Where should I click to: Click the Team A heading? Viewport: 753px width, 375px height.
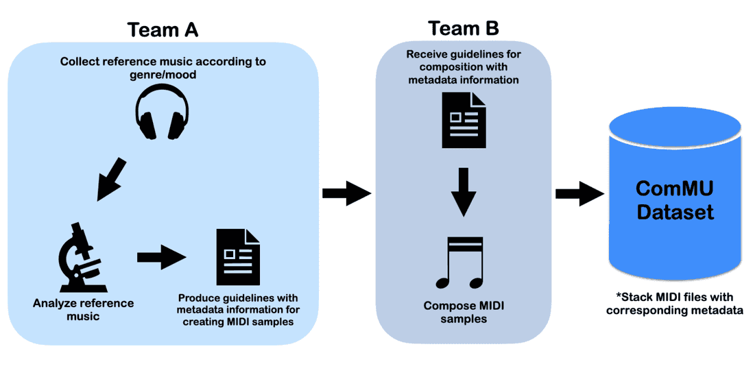[x=163, y=29]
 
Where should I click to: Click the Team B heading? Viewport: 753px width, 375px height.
[x=463, y=28]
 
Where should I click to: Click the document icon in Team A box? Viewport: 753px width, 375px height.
[x=238, y=257]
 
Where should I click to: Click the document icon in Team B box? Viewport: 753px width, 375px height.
[x=464, y=120]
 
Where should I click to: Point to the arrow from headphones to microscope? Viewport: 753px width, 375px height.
[x=112, y=179]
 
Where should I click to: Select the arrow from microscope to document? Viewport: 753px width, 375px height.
[x=162, y=257]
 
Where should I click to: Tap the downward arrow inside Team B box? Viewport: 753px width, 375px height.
[x=464, y=192]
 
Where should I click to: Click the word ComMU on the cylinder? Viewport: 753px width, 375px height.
[x=675, y=189]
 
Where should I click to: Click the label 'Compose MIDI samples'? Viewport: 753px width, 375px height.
[x=464, y=312]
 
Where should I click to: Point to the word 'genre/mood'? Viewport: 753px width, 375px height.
[x=163, y=74]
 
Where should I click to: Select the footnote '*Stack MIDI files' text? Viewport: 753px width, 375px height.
[x=675, y=297]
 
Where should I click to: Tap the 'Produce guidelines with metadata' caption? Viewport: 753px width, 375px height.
[x=238, y=310]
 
